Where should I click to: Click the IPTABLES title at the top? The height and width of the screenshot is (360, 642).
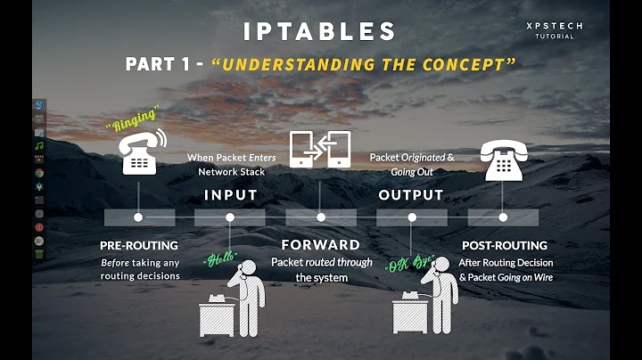(320, 30)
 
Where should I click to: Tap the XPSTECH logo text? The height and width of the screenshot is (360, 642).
(554, 27)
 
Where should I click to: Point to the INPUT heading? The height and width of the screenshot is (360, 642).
(230, 194)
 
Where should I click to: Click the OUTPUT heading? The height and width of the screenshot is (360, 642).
(411, 194)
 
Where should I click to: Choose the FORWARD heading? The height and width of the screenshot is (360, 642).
(320, 244)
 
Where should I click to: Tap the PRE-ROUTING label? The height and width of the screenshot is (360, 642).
(138, 245)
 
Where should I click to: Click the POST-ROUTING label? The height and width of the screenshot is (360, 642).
(505, 245)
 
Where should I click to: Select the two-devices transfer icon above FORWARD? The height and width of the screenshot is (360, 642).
(320, 149)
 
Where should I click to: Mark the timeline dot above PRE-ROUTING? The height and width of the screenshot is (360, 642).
(138, 217)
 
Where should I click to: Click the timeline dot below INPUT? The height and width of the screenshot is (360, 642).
(230, 217)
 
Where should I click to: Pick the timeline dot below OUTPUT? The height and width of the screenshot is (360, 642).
(412, 217)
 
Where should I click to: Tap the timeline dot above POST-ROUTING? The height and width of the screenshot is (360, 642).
(504, 217)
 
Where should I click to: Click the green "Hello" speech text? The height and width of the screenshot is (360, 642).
(218, 259)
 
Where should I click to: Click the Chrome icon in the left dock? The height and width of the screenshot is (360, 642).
(40, 173)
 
